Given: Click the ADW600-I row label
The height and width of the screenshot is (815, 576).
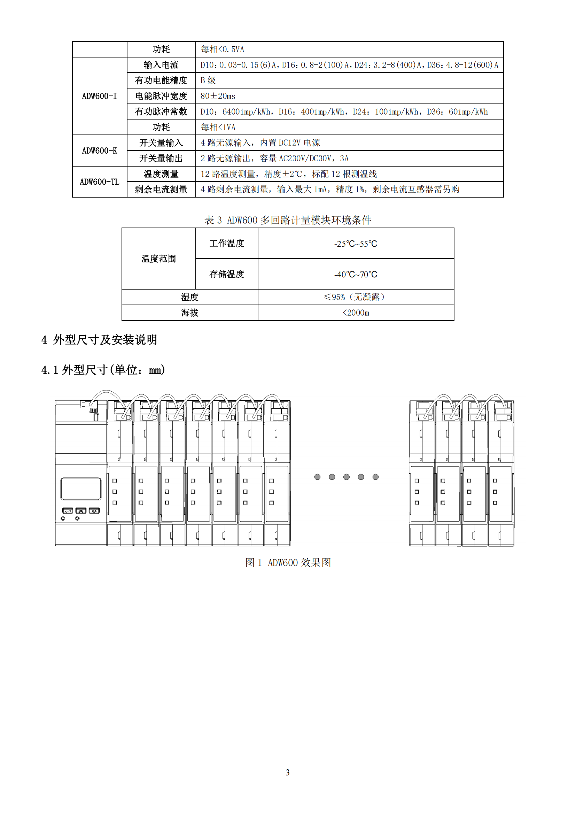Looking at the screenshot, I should point(99,96).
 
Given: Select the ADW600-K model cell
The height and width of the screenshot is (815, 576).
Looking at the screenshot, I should point(99,151).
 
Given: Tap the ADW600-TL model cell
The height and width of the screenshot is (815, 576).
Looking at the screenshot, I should point(99,182).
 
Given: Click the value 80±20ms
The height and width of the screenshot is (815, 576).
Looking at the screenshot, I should point(218,96).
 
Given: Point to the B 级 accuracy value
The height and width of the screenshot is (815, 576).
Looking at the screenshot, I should point(208,80).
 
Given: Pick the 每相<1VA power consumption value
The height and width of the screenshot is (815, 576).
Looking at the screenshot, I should point(218,127).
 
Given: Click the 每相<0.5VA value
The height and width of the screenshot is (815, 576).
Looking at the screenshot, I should point(223,49).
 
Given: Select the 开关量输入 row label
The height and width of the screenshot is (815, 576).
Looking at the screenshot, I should point(161,143).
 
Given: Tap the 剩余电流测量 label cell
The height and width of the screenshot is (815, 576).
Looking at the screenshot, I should point(161,190).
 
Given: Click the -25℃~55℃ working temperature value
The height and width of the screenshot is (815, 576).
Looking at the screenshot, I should point(356,244).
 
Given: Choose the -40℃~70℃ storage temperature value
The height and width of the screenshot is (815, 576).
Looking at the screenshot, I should point(356,274).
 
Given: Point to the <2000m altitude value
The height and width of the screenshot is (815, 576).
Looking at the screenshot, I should point(356,313).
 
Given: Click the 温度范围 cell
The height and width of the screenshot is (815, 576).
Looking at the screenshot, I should point(158,259).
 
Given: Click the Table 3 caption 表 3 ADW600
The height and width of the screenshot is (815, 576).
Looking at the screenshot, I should point(288,220).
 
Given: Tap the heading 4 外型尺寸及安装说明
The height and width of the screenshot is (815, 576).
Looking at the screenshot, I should point(99,340).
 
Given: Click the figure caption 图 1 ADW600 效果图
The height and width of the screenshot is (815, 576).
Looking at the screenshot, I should point(288,562).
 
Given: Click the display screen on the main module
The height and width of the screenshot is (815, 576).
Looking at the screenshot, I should point(81,489).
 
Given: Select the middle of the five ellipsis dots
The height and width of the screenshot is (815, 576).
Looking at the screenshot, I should point(346,477).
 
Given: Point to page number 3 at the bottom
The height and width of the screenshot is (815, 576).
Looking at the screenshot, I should point(288,772).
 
